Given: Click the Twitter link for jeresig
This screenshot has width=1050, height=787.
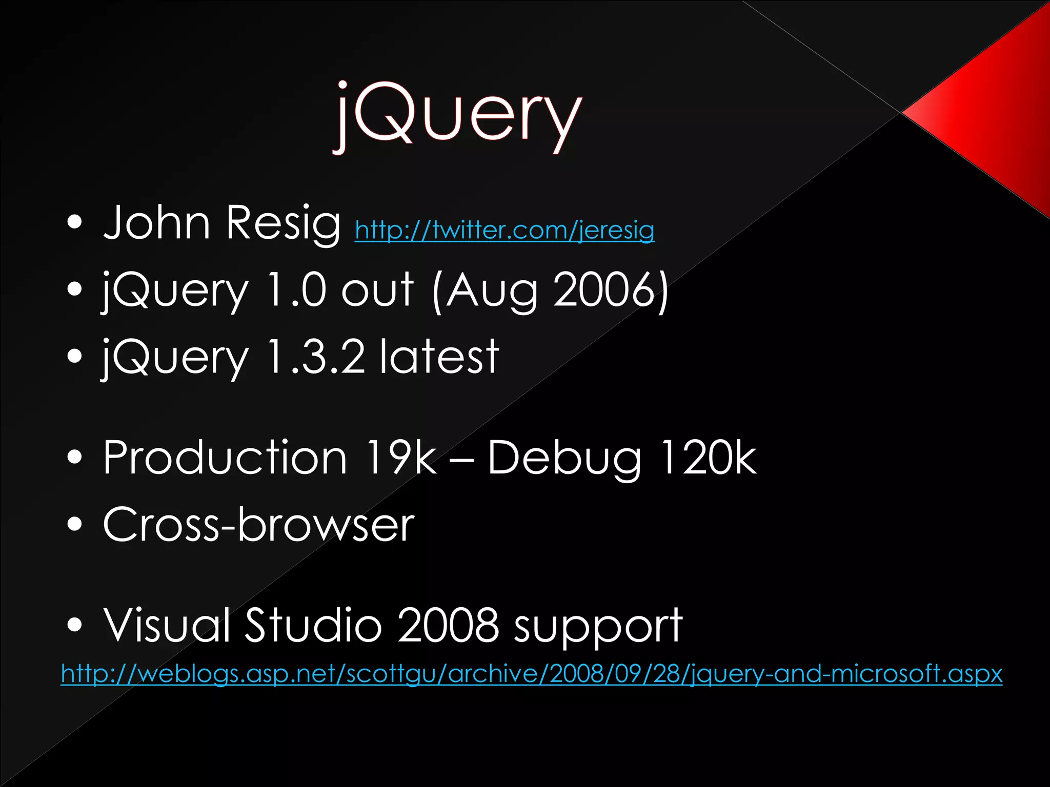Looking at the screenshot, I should tap(504, 231).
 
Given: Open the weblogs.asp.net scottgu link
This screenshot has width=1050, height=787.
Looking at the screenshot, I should tap(531, 674).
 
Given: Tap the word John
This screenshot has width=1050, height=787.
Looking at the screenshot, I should tap(156, 223).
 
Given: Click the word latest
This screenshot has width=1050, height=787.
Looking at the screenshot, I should tap(439, 357).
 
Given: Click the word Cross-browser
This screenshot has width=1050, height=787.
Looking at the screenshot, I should tap(258, 524).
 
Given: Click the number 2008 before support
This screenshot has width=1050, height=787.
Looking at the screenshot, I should tap(448, 625).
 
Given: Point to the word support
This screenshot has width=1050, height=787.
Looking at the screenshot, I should tap(598, 628).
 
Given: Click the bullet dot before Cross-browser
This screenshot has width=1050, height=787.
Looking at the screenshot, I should tap(75, 524).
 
